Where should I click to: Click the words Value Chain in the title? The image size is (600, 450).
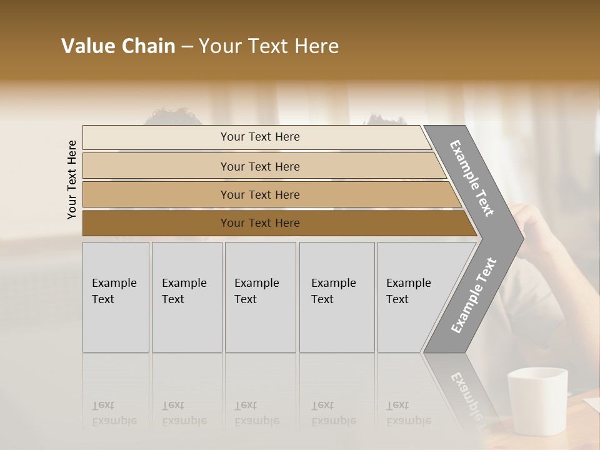pyautogui.click(x=118, y=46)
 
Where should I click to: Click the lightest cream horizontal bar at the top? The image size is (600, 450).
pyautogui.click(x=156, y=137)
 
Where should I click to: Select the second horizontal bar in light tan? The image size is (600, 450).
pyautogui.click(x=156, y=166)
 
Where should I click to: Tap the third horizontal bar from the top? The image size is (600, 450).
pyautogui.click(x=156, y=194)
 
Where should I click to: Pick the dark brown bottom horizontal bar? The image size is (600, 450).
pyautogui.click(x=156, y=223)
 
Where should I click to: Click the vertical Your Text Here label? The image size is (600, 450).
pyautogui.click(x=72, y=179)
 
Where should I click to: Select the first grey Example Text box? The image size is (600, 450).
pyautogui.click(x=116, y=297)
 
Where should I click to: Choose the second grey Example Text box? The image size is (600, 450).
pyautogui.click(x=187, y=297)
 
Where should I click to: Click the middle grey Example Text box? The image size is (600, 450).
pyautogui.click(x=260, y=297)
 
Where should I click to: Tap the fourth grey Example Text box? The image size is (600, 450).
pyautogui.click(x=337, y=297)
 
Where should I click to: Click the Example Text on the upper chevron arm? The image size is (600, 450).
pyautogui.click(x=472, y=178)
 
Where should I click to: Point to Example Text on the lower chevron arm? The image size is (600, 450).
pyautogui.click(x=474, y=295)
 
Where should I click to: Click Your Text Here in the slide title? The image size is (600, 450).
pyautogui.click(x=269, y=46)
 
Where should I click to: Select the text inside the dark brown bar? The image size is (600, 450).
pyautogui.click(x=260, y=223)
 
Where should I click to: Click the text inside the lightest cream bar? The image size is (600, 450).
pyautogui.click(x=260, y=137)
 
